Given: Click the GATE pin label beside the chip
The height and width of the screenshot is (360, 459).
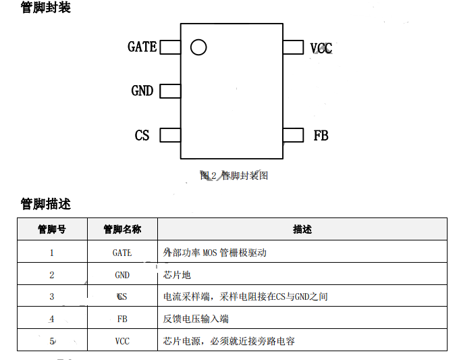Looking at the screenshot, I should (142, 47).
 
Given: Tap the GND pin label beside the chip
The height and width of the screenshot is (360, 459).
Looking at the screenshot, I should (142, 91).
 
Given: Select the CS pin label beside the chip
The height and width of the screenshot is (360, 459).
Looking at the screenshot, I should (142, 135).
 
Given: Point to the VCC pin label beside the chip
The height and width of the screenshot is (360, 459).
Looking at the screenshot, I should (321, 48).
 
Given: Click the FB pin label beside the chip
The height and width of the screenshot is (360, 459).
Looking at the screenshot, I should (321, 135).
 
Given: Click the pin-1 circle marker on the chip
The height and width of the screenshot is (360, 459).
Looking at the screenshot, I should (198, 47).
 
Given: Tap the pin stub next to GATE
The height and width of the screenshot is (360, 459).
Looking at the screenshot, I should (170, 47).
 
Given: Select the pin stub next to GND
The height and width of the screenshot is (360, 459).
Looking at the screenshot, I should (170, 91).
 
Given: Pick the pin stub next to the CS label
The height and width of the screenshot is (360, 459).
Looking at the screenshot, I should (170, 135).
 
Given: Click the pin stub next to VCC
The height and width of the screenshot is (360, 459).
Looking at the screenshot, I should (293, 47).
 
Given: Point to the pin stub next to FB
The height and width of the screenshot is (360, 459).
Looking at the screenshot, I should (293, 135).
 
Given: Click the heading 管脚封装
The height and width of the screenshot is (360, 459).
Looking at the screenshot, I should (45, 8).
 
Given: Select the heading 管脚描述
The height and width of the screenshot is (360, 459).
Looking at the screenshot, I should (45, 203).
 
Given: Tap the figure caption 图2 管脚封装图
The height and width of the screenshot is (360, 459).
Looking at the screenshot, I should (234, 176).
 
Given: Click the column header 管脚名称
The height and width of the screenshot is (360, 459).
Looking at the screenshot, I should (122, 229).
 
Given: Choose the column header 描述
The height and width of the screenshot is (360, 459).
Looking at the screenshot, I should (302, 229).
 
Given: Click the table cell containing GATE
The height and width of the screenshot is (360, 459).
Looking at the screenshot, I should (122, 253).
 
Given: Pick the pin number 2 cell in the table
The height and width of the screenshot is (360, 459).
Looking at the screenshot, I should (52, 275).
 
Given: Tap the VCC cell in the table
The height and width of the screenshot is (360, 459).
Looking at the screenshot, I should (122, 341).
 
